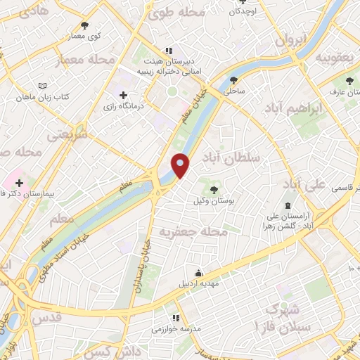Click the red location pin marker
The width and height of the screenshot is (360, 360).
click(181, 165)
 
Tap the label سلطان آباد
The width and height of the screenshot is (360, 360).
click(230, 157)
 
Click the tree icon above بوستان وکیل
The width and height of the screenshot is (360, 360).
click(214, 189)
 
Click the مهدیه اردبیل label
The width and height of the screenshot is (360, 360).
click(199, 284)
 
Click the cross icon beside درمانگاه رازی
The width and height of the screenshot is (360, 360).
click(124, 94)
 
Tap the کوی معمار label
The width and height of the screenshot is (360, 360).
click(89, 34)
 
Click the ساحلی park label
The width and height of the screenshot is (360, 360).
click(233, 91)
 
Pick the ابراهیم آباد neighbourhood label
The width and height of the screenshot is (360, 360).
click(295, 108)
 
